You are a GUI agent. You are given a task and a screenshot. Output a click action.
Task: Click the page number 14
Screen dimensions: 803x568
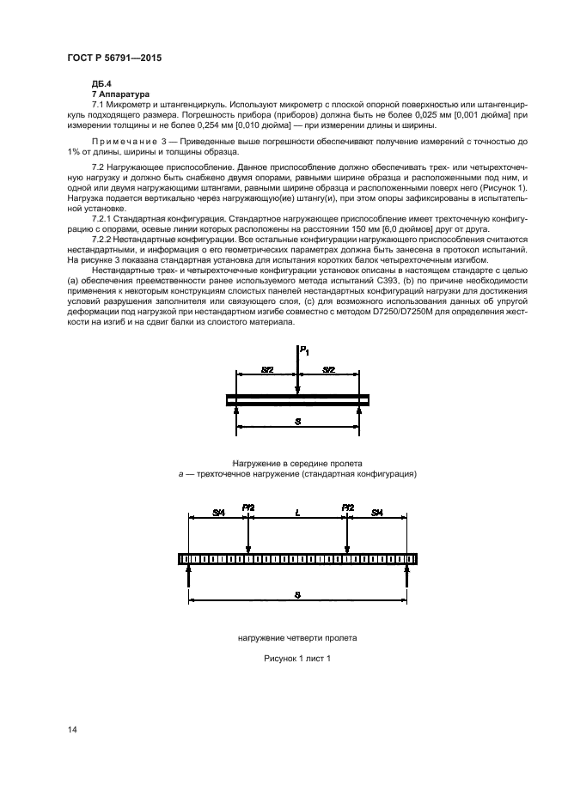click(72, 729)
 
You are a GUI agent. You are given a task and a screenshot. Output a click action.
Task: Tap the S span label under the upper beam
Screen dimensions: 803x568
click(297, 422)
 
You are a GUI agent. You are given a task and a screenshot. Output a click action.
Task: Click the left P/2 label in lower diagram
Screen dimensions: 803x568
click(248, 508)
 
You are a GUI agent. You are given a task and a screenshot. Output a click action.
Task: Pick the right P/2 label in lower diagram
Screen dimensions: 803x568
click(348, 508)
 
